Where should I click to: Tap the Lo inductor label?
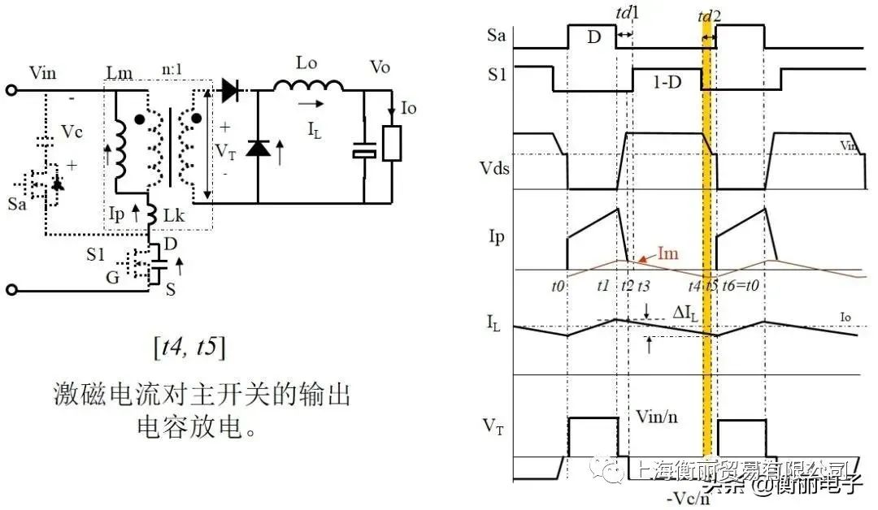click(x=309, y=63)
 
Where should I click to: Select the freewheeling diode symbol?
click(x=258, y=147)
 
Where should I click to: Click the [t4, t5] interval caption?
click(x=189, y=348)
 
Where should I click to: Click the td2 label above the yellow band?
click(x=710, y=15)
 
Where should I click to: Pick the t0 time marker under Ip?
click(x=558, y=286)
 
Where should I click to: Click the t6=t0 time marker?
click(x=743, y=286)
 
